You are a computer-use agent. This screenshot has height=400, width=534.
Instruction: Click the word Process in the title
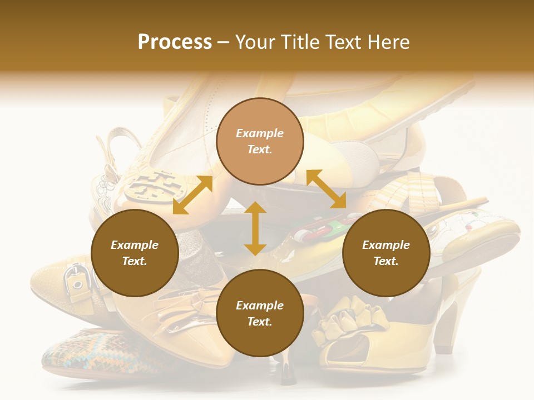[175, 42]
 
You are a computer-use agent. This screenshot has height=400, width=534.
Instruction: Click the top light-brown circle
[260, 141]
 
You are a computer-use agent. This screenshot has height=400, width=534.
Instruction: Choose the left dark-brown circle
[135, 253]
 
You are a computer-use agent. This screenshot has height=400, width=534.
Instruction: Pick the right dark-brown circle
[386, 253]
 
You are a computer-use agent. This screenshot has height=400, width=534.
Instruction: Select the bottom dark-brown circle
[260, 313]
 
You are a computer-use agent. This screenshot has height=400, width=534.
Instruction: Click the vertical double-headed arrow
[255, 228]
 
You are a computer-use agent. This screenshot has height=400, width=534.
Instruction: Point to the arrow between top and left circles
[192, 195]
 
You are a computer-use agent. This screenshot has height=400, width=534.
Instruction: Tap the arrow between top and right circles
[327, 189]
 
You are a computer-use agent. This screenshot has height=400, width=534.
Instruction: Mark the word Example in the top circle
[260, 133]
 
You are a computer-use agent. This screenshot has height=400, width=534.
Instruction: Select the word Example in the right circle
[386, 245]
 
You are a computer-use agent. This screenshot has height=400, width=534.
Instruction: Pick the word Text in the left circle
[134, 261]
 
